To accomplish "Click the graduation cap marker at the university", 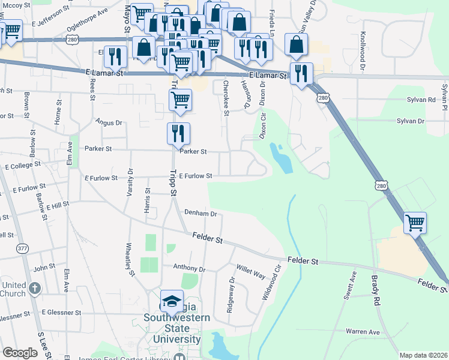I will [x=172, y=301].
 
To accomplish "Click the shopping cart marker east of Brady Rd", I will [x=415, y=223].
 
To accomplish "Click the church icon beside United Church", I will [x=35, y=289].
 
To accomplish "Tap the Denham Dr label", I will [x=200, y=213].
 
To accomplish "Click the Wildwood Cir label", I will [x=271, y=287].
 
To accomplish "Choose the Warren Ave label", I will [x=363, y=331].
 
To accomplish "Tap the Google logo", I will [x=20, y=353].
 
